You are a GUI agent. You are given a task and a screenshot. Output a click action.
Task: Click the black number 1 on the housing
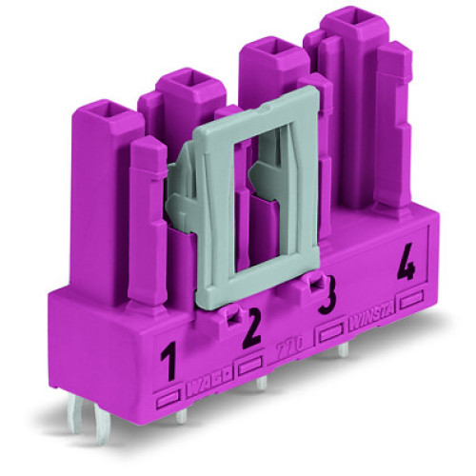coord(169,363)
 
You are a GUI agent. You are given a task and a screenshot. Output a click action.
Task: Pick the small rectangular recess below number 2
coord(250,363)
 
